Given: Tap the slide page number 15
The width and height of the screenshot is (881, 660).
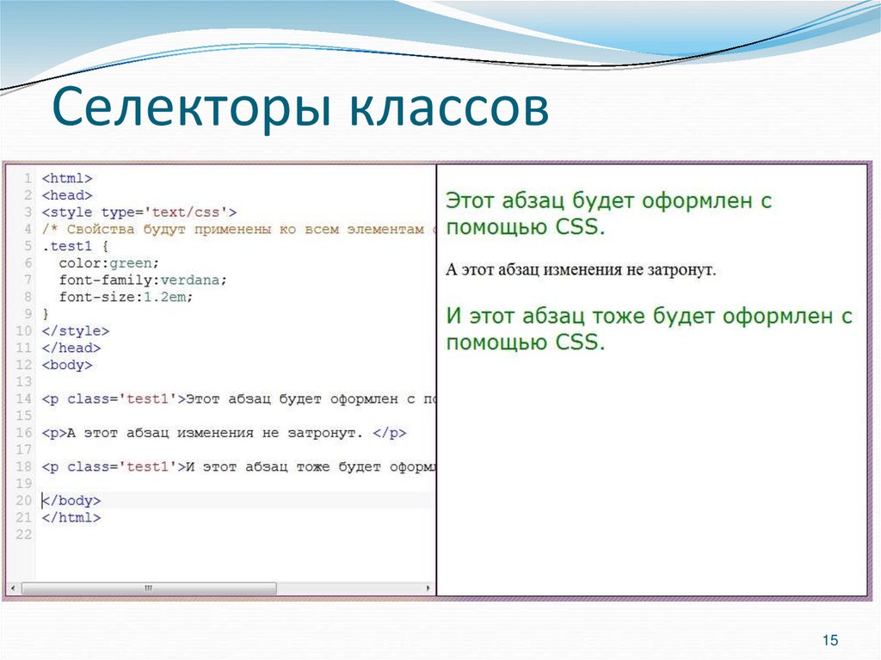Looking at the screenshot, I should click(830, 639).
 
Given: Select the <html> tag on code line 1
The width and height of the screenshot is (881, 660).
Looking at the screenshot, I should click(66, 178).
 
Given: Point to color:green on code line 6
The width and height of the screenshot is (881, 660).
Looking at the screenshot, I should click(109, 262).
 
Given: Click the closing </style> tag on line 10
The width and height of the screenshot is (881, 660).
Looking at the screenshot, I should click(75, 330).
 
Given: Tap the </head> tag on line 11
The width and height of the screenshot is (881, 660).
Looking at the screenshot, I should click(71, 348).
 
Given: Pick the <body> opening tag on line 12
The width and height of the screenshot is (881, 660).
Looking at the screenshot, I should click(66, 365).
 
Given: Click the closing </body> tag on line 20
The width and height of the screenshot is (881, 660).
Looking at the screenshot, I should click(71, 500).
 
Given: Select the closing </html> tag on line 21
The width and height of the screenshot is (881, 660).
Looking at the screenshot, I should click(71, 517).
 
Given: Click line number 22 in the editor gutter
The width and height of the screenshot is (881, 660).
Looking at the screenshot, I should click(23, 534).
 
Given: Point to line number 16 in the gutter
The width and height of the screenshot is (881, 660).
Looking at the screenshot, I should click(23, 433).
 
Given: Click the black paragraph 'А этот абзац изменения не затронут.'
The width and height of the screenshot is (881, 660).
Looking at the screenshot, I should click(581, 270).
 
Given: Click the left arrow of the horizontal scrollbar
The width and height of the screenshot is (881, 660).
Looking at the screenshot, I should click(13, 589).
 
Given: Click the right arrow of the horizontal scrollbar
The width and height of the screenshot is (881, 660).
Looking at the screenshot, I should click(428, 589).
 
